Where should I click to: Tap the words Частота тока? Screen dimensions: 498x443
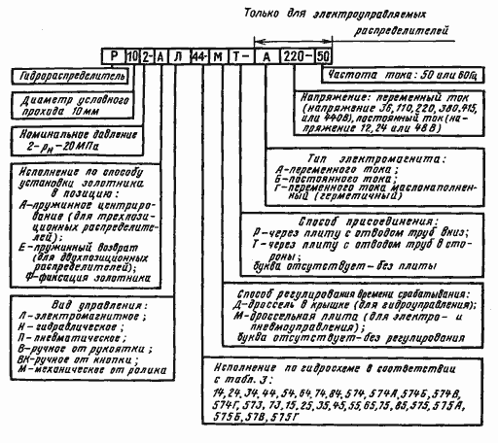tap(361, 75)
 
